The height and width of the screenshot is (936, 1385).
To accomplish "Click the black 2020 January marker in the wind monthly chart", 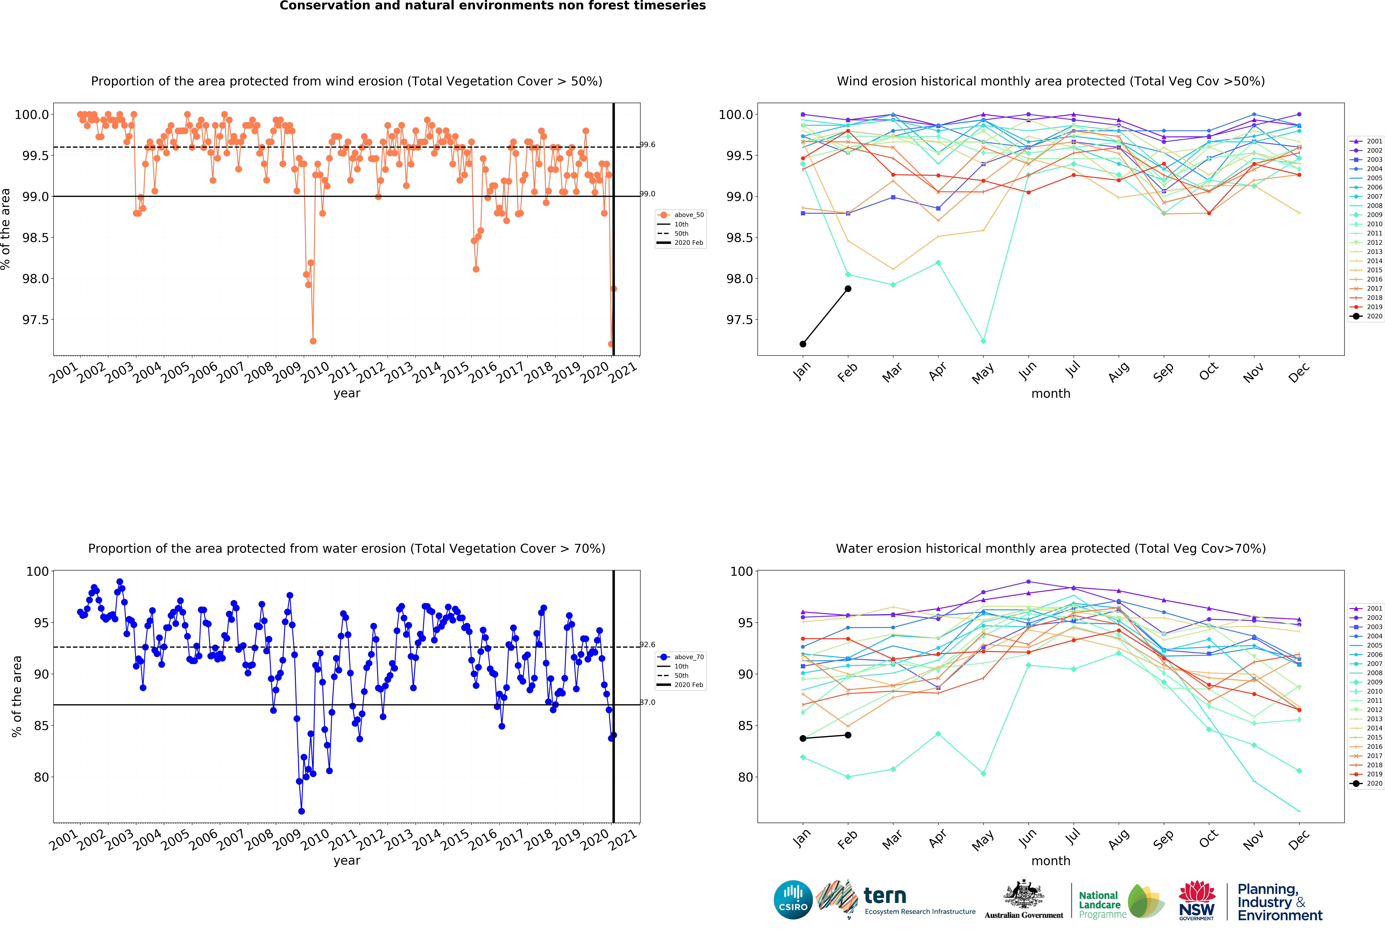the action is point(803,344).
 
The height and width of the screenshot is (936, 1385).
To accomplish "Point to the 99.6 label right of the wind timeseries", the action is point(648,145).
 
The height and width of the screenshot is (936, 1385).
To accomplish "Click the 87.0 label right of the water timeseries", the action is point(648,702).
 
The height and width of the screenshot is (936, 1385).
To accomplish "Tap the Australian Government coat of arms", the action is point(1024,894).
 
